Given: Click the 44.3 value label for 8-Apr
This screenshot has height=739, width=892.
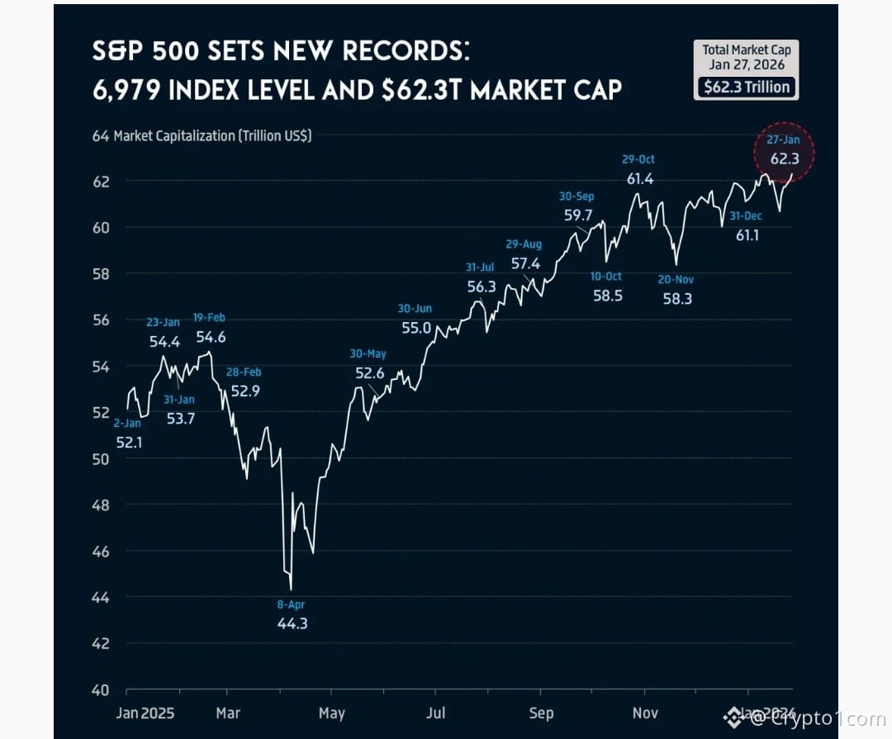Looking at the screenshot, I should [x=292, y=623].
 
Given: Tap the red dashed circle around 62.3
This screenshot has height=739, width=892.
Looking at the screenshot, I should [x=784, y=154].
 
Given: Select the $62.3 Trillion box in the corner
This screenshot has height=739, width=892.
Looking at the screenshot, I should [x=746, y=87].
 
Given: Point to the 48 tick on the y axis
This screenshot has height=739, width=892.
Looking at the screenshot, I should [x=101, y=505].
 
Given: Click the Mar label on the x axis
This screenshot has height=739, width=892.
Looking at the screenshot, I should [x=227, y=713].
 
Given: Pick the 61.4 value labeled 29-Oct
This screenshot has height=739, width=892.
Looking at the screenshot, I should [x=639, y=178].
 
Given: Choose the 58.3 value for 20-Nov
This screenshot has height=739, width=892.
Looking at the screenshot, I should [x=677, y=299].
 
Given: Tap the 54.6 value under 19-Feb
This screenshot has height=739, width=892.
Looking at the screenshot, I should [x=211, y=337].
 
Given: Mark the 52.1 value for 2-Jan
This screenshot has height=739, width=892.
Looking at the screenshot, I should [x=129, y=442].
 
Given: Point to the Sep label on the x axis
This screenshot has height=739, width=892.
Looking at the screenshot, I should [x=541, y=713].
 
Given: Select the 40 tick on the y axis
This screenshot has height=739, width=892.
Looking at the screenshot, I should [x=101, y=689].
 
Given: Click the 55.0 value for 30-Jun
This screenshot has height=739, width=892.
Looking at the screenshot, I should [x=415, y=328].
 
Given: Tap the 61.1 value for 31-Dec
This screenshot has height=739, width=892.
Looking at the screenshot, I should [x=748, y=235].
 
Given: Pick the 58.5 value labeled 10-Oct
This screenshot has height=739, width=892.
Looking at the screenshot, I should [x=607, y=295].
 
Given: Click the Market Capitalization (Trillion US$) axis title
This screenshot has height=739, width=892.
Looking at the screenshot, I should [x=212, y=136].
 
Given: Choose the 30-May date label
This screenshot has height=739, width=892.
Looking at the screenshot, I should [x=368, y=354].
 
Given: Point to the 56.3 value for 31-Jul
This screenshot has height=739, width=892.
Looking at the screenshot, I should [x=482, y=287].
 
